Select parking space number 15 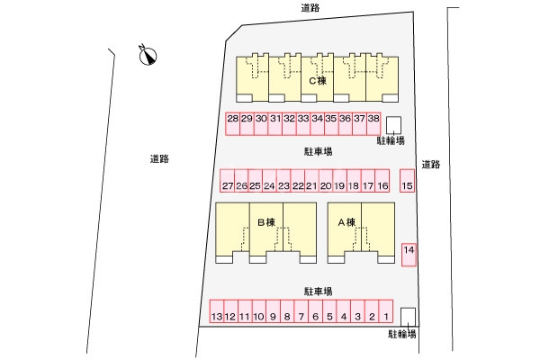coord(408,184)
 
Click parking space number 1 coord(385,316)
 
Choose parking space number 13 coord(216,316)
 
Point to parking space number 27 coord(227,185)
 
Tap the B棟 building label coord(265,221)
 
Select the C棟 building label coord(317,81)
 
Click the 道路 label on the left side coord(160,158)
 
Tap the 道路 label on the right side coord(430,164)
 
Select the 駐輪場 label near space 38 coord(391,141)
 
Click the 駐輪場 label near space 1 coord(402,334)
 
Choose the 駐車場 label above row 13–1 coord(319,291)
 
